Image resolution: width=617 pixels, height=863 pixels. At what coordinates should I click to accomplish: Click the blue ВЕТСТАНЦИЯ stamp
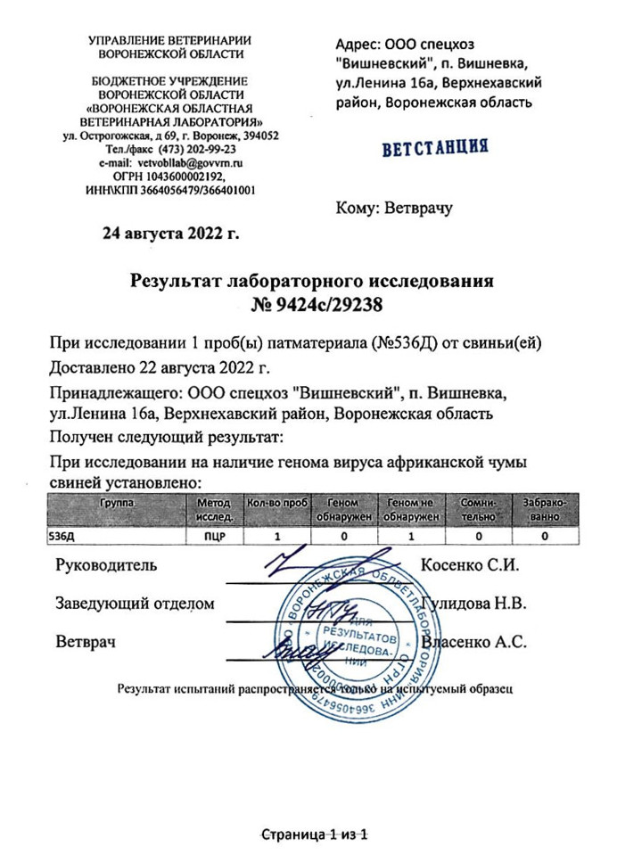(434, 148)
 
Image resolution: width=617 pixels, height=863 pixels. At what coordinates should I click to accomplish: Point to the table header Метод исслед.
(213, 510)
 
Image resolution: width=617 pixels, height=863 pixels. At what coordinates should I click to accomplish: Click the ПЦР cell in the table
(213, 538)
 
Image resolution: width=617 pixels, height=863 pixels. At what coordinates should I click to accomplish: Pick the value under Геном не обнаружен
(411, 538)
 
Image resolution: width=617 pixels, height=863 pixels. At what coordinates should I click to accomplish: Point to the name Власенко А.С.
(476, 641)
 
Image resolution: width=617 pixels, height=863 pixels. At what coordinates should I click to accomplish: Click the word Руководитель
(106, 565)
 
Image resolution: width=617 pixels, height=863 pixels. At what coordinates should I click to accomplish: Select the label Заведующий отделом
(135, 604)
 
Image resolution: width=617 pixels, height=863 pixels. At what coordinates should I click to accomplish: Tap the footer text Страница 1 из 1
(313, 834)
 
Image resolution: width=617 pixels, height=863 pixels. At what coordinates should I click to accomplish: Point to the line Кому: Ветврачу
(394, 209)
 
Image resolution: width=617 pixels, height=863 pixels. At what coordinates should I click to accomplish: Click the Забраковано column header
(544, 510)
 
